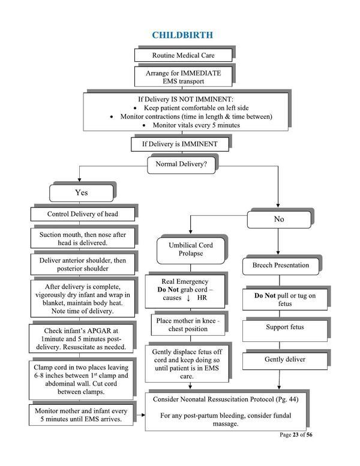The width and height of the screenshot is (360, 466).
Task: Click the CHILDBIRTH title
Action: click(182, 35)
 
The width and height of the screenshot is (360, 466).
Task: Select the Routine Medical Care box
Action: click(182, 55)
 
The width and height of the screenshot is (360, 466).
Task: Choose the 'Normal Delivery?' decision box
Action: click(182, 164)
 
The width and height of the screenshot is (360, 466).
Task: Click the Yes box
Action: click(81, 193)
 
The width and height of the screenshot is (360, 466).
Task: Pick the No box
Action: click(278, 219)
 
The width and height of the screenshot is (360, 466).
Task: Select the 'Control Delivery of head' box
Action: click(83, 214)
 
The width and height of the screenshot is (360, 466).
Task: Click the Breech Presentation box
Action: click(277, 264)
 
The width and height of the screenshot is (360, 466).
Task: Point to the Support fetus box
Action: click(285, 327)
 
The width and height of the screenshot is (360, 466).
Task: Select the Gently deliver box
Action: click(285, 360)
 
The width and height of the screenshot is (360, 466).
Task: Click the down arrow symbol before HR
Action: click(188, 299)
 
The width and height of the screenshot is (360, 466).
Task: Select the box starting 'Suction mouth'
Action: click(83, 238)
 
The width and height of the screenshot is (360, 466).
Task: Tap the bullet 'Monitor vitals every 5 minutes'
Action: click(193, 125)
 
